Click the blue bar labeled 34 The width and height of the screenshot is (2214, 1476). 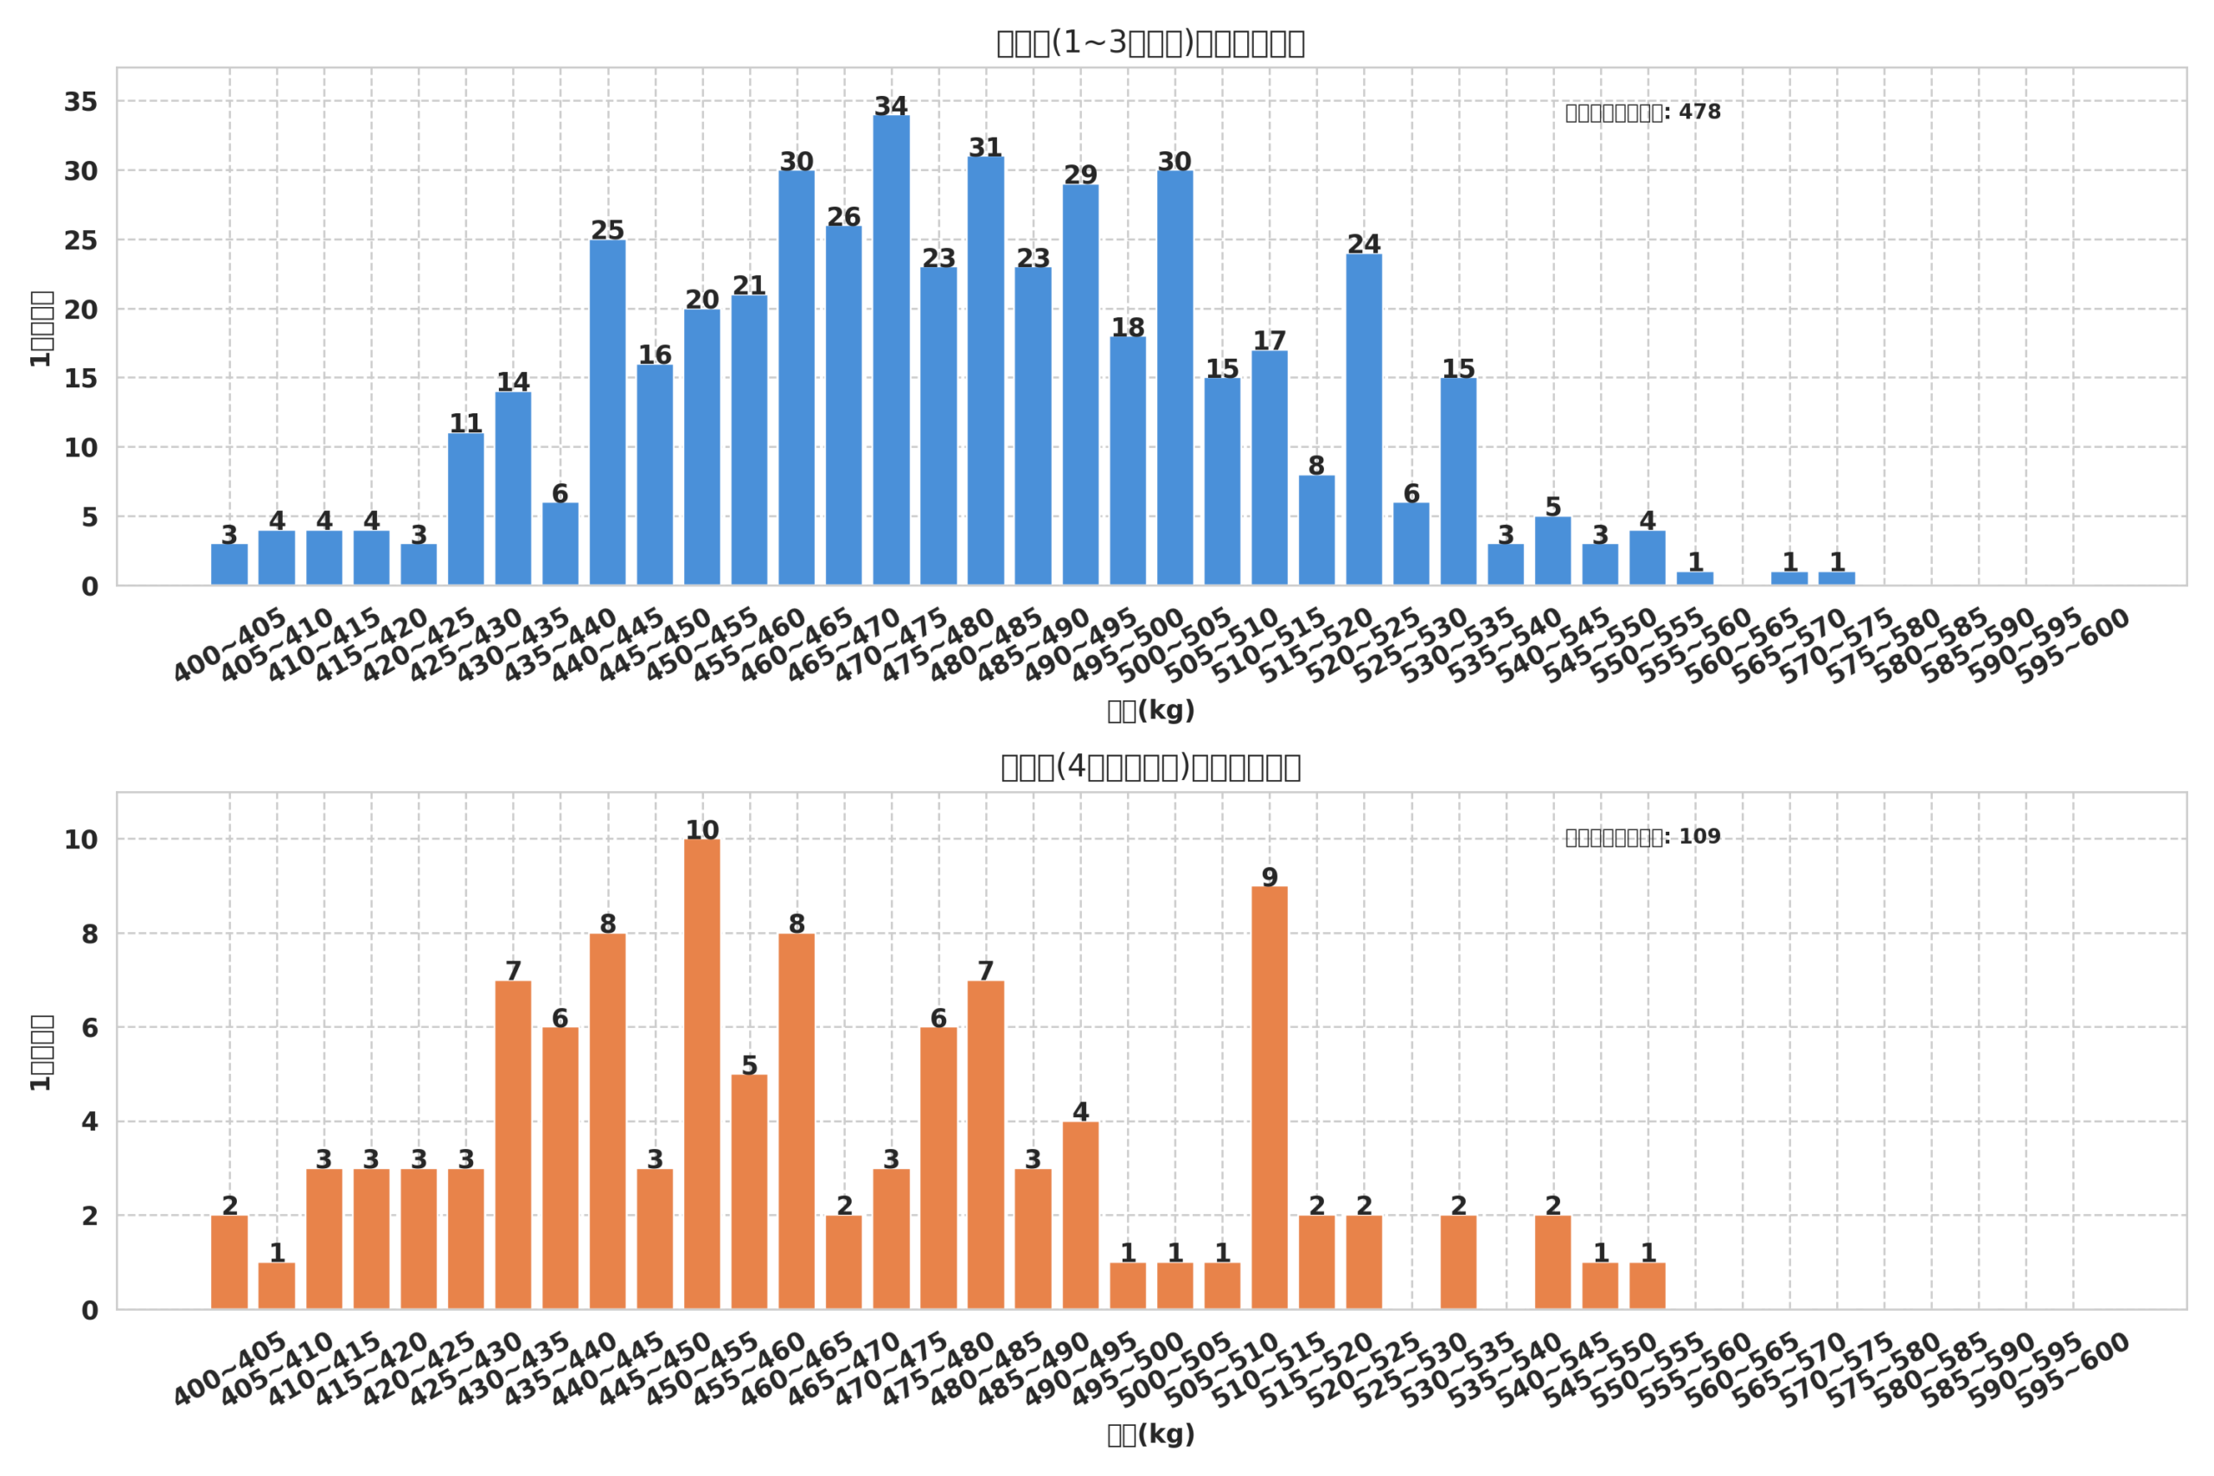coord(891,350)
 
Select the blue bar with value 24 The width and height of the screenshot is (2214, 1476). coord(1363,420)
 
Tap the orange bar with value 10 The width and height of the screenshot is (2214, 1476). coord(701,1074)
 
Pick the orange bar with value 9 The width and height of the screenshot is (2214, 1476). coord(1269,1097)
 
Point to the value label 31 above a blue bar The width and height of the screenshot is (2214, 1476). coord(985,148)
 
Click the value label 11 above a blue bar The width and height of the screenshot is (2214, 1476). coord(465,424)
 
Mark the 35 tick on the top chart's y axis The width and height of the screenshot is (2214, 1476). coord(81,102)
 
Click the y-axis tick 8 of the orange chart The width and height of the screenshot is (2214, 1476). coord(89,935)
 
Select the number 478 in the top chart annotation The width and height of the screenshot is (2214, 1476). coord(1699,112)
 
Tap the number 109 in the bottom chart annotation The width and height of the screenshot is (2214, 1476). coord(1699,837)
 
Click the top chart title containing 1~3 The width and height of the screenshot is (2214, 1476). coord(1150,43)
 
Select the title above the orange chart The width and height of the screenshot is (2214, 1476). coord(1150,767)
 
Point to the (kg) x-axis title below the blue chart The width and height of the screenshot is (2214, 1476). coord(1150,711)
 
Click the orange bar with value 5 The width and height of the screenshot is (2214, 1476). coord(748,1192)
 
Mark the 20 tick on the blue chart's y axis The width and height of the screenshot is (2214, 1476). coord(81,310)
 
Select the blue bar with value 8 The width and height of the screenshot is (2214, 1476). coord(1316,530)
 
